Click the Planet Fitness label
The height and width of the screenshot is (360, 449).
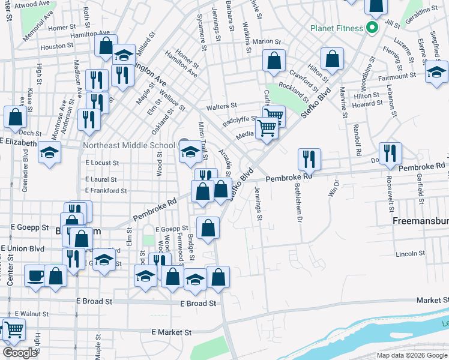[x=336, y=28]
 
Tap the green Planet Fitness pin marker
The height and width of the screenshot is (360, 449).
[x=372, y=28]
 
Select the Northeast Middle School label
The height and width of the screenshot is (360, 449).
[x=129, y=145]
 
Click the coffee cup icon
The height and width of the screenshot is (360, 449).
[x=35, y=276]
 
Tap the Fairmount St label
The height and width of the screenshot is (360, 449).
[x=397, y=76]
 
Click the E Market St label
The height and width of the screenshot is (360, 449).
[x=171, y=332]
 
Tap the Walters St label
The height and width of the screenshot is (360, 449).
[x=222, y=106]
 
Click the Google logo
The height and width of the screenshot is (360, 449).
[x=20, y=353]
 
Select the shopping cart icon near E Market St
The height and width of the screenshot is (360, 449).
[x=13, y=329]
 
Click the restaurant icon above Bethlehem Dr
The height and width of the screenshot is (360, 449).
[x=309, y=158]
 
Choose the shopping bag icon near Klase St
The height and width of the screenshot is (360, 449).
[x=15, y=117]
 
